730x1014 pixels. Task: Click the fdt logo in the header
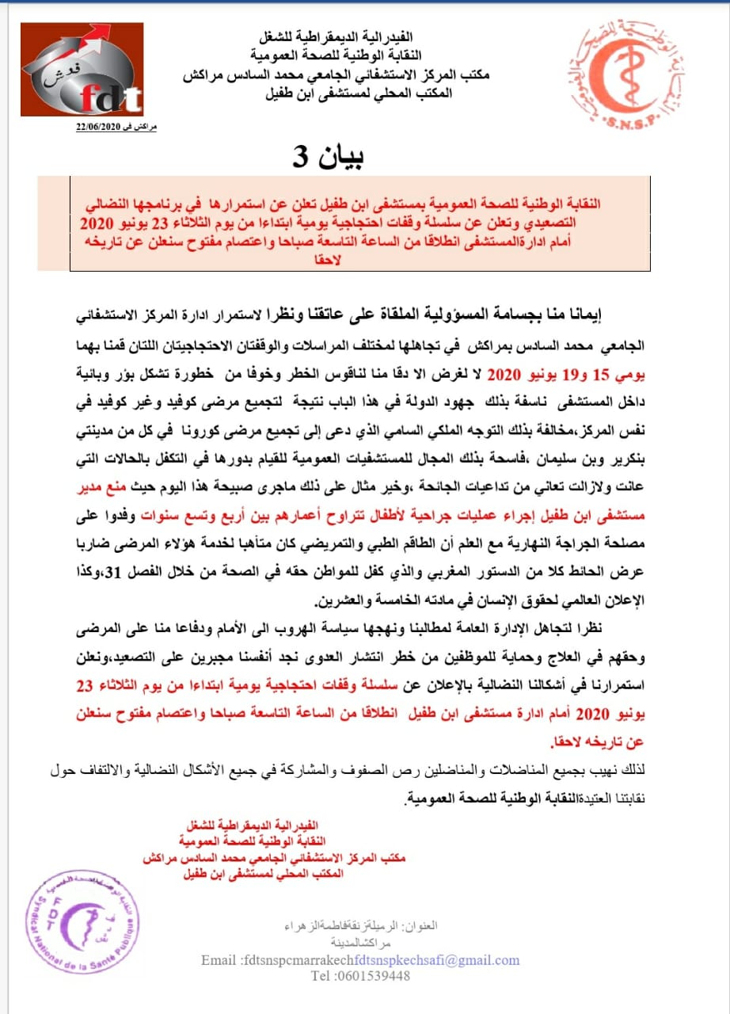pos(82,70)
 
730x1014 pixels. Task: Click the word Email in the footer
pos(219,960)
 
